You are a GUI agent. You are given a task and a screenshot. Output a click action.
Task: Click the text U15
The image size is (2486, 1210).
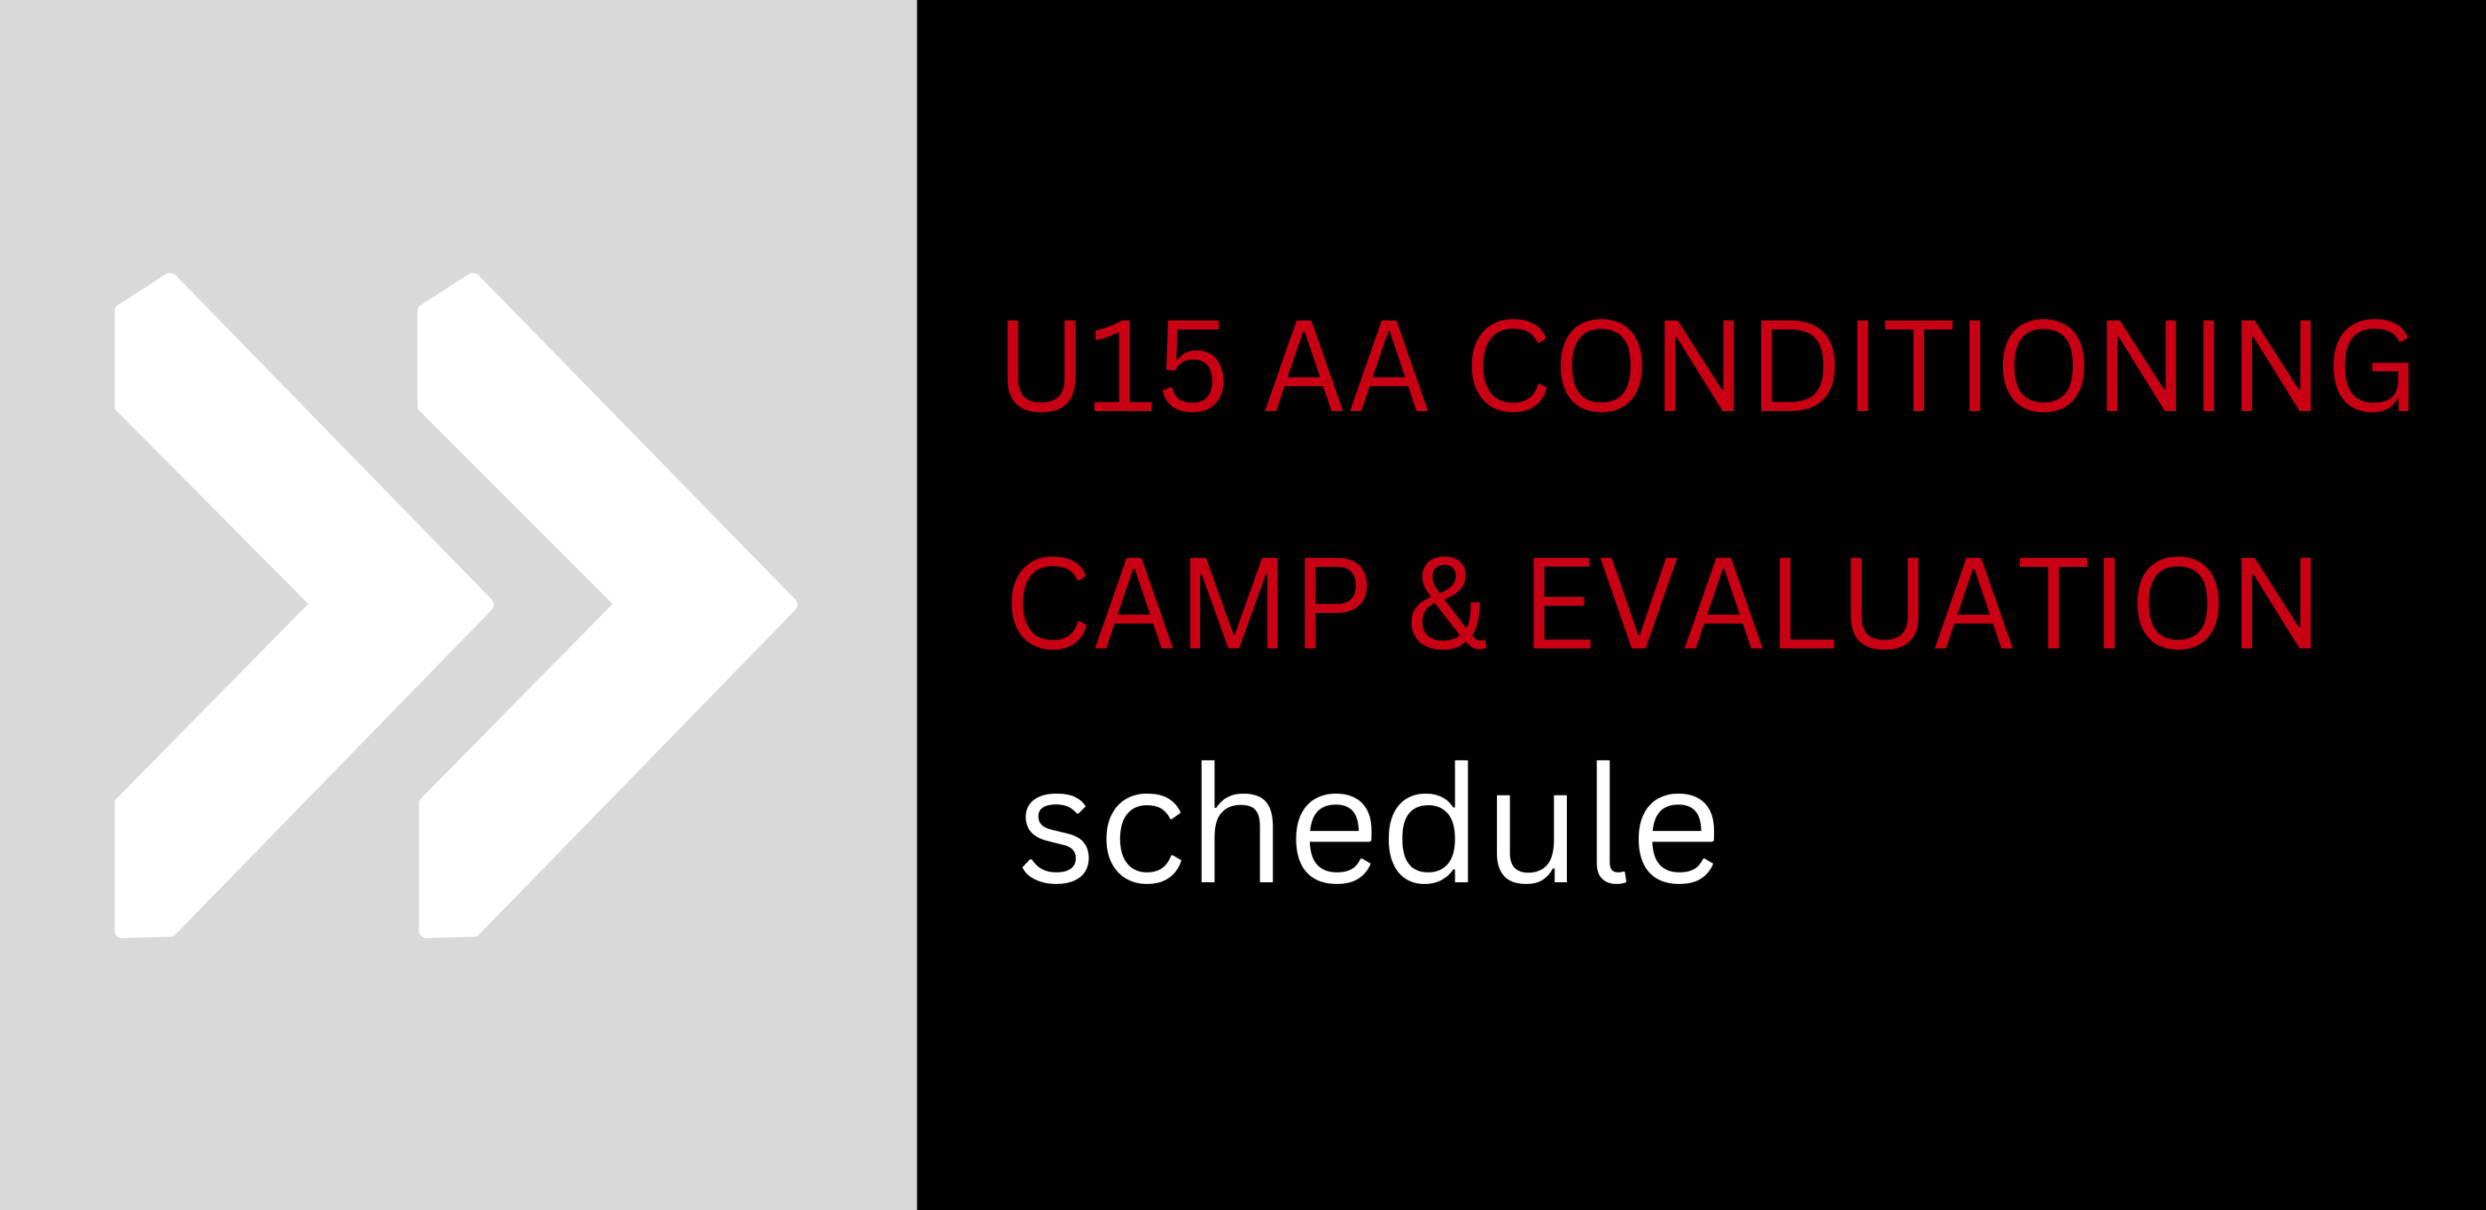(x=1116, y=366)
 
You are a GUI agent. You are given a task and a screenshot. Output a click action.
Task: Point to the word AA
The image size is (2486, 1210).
(x=1346, y=366)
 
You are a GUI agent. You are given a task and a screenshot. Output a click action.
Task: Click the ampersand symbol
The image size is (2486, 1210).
(x=1448, y=603)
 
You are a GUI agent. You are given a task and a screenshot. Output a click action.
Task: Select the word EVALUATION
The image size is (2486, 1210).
(x=1922, y=603)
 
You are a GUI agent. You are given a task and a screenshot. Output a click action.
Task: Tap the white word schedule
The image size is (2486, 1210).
(x=1368, y=822)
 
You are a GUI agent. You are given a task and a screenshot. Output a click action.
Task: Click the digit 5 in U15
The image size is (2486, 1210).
(x=1194, y=367)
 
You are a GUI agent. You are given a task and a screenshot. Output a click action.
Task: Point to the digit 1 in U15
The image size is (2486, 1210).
(x=1122, y=366)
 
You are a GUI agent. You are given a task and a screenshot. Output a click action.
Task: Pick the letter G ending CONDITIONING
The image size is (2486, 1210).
(x=2371, y=366)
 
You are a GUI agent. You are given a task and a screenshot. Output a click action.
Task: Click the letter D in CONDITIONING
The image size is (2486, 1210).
(x=1798, y=366)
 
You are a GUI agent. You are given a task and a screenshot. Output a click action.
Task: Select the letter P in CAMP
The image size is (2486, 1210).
(x=1337, y=603)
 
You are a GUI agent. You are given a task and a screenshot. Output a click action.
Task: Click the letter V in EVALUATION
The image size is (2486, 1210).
(x=1639, y=603)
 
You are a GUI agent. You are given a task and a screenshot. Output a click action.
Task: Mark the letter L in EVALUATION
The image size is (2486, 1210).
(x=1805, y=603)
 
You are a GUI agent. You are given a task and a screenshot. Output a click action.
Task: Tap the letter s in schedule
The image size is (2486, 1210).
(x=1056, y=839)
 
